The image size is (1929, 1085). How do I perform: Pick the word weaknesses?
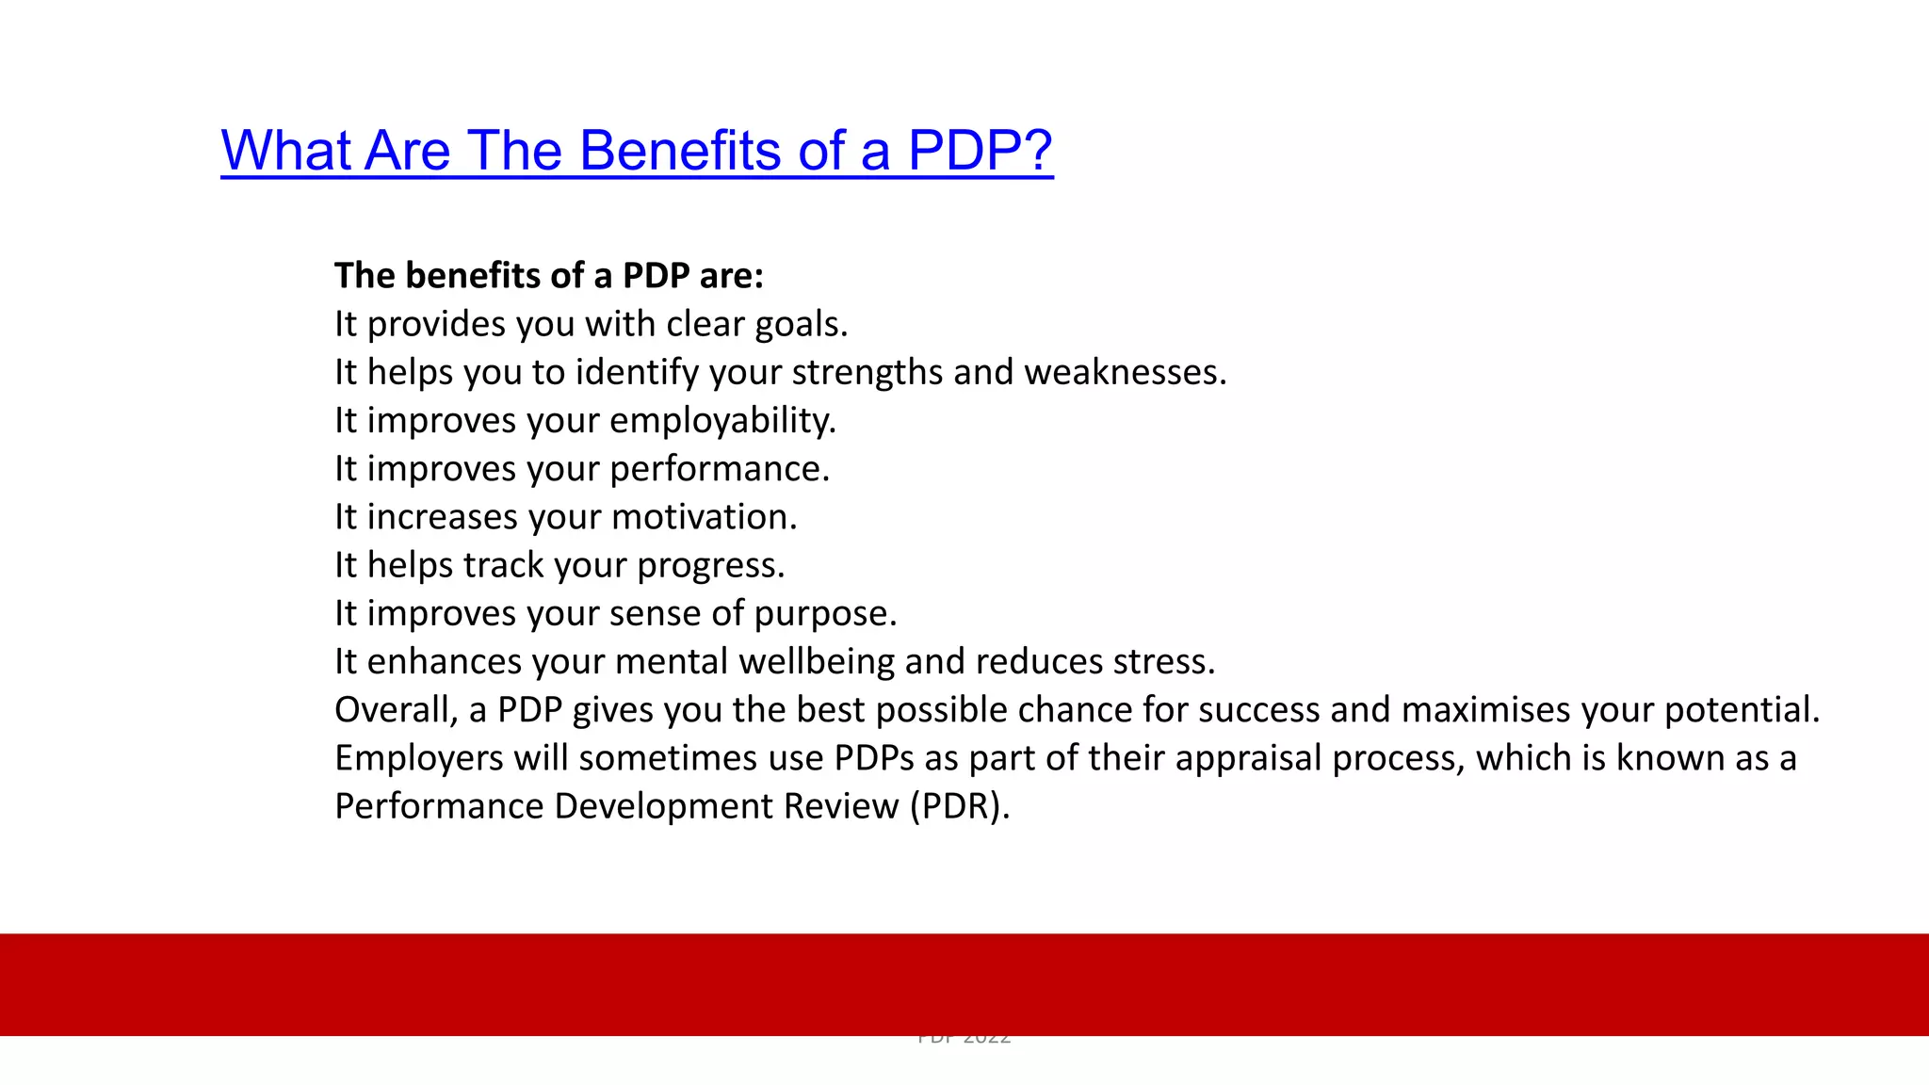point(1125,373)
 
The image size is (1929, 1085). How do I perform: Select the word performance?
point(720,469)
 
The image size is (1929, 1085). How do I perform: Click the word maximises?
point(1485,710)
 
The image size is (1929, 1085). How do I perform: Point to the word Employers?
point(418,758)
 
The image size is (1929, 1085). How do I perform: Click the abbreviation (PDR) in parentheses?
point(959,807)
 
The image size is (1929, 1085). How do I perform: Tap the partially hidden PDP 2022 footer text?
point(964,1040)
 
